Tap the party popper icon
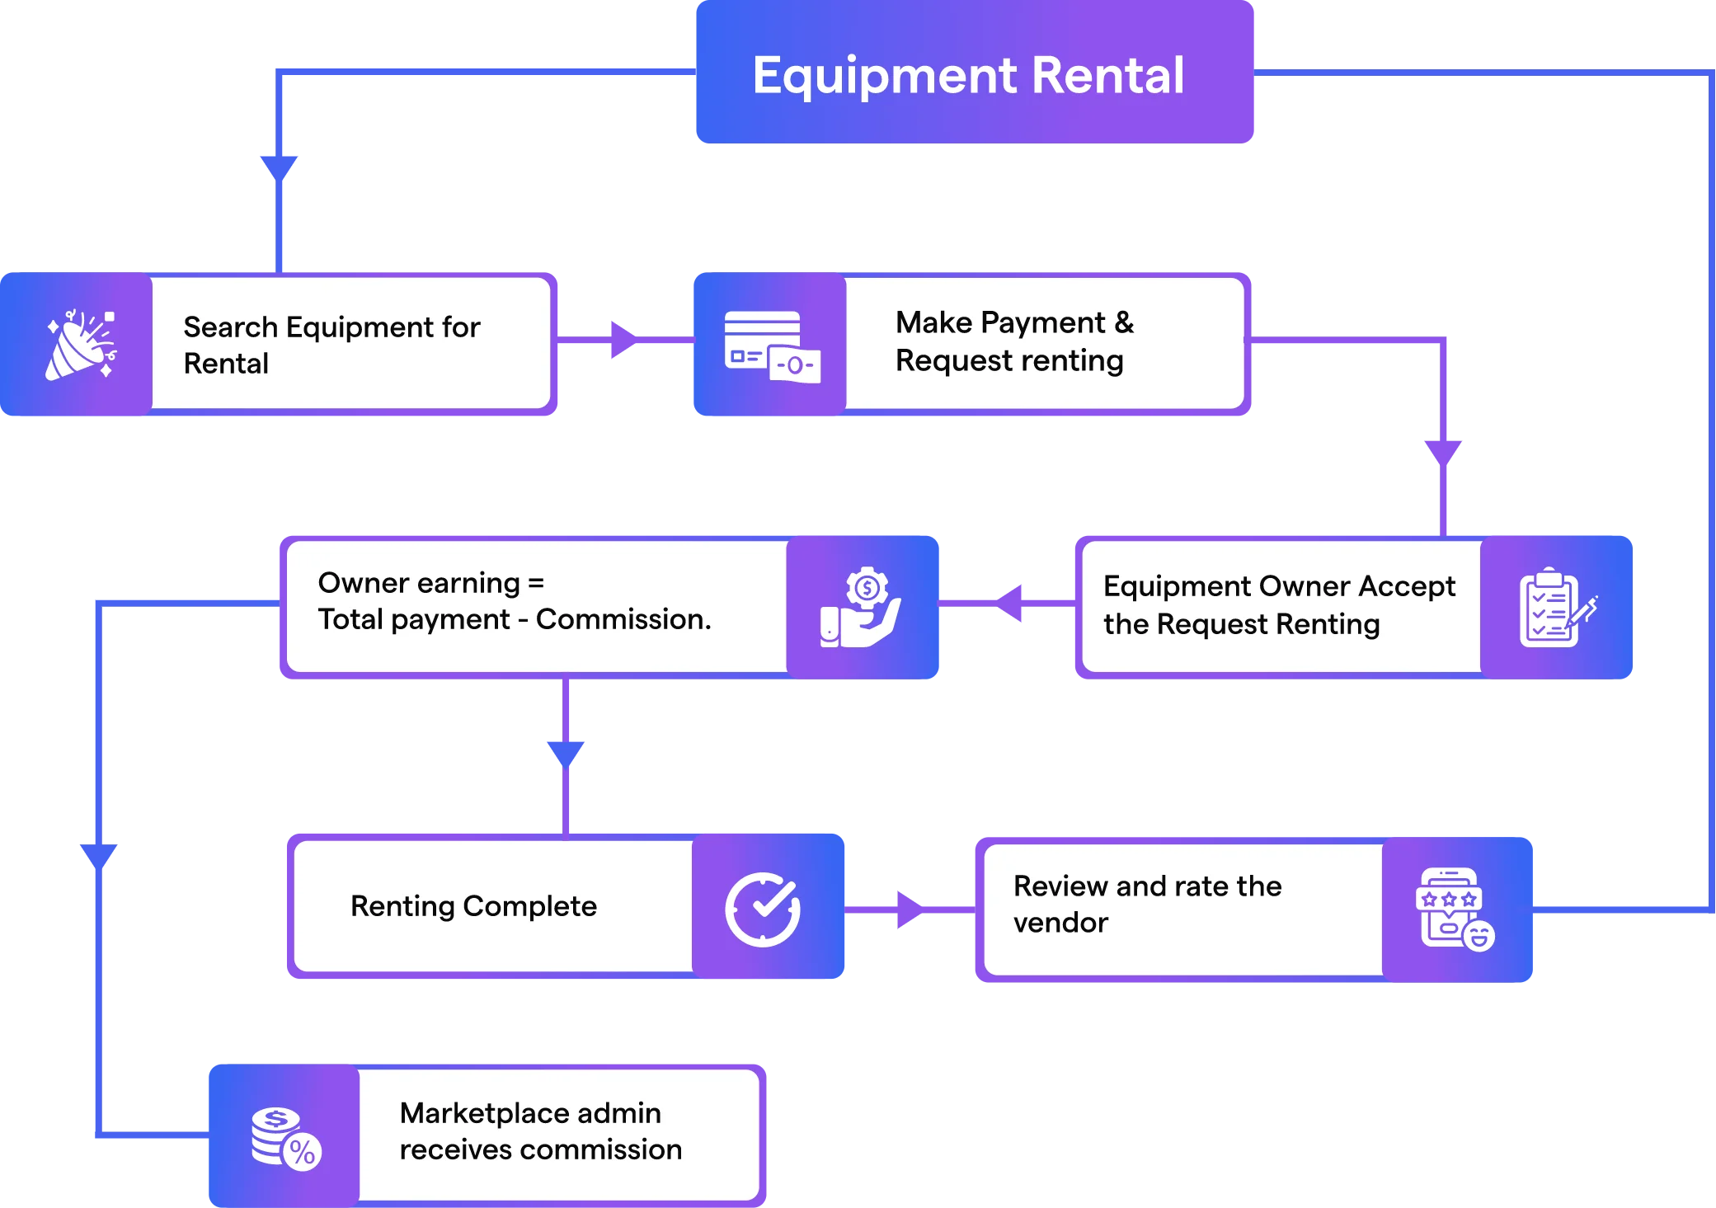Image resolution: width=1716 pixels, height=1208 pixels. point(80,345)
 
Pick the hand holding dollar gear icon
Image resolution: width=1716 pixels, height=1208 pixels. point(862,608)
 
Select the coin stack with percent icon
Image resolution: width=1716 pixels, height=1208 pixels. point(285,1137)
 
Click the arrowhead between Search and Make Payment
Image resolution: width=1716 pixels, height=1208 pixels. point(623,340)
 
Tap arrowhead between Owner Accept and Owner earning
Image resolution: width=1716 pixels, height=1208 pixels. point(1011,603)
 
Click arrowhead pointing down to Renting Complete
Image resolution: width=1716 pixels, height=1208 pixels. point(566,753)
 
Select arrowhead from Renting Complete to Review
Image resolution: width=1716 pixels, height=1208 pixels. point(910,910)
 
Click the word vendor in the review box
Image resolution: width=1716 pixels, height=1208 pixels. point(1060,923)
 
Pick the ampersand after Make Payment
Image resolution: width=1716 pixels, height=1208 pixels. point(1124,322)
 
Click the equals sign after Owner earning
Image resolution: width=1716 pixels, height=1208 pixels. point(536,584)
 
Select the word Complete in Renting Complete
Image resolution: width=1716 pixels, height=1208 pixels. point(529,906)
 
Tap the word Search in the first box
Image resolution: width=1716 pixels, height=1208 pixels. point(230,327)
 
